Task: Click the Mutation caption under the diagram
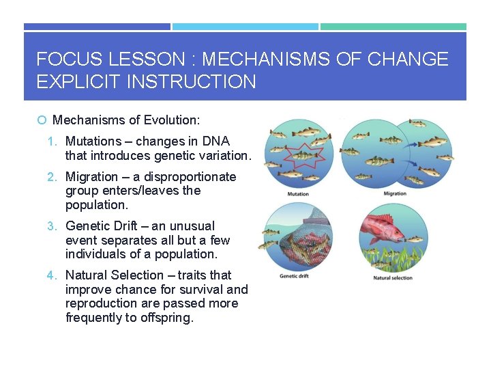pyautogui.click(x=297, y=194)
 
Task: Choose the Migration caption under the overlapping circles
pyautogui.click(x=395, y=194)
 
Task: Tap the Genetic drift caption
pyautogui.click(x=296, y=277)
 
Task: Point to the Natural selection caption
pyautogui.click(x=392, y=278)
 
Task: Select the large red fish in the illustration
pyautogui.click(x=385, y=230)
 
